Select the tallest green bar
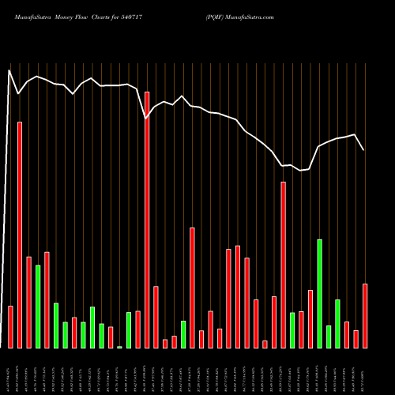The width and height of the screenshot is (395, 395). click(319, 293)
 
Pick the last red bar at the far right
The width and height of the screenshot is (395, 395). click(365, 315)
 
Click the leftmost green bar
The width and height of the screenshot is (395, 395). click(38, 306)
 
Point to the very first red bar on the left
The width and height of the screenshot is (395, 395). click(10, 326)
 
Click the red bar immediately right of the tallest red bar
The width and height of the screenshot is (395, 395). click(156, 317)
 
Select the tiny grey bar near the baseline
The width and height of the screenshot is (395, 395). click(119, 347)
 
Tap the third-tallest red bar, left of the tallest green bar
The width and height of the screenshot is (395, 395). click(283, 265)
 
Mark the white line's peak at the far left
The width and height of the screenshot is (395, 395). click(9, 70)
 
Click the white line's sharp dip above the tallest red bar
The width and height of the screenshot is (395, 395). click(145, 118)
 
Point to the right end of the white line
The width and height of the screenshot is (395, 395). click(364, 150)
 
